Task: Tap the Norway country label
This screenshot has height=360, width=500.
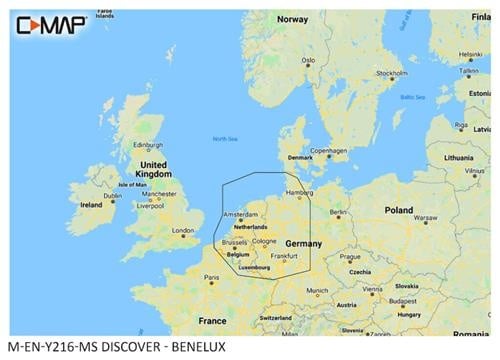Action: (293, 19)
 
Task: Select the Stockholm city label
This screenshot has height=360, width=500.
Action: (389, 73)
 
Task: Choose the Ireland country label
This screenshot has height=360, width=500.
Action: (91, 204)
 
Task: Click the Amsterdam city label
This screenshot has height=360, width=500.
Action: (241, 214)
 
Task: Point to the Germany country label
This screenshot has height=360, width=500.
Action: (303, 243)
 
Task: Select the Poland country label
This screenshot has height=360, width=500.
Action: (399, 210)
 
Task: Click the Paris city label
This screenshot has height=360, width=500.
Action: (211, 277)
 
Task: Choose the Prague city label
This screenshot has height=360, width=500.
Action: (348, 255)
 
